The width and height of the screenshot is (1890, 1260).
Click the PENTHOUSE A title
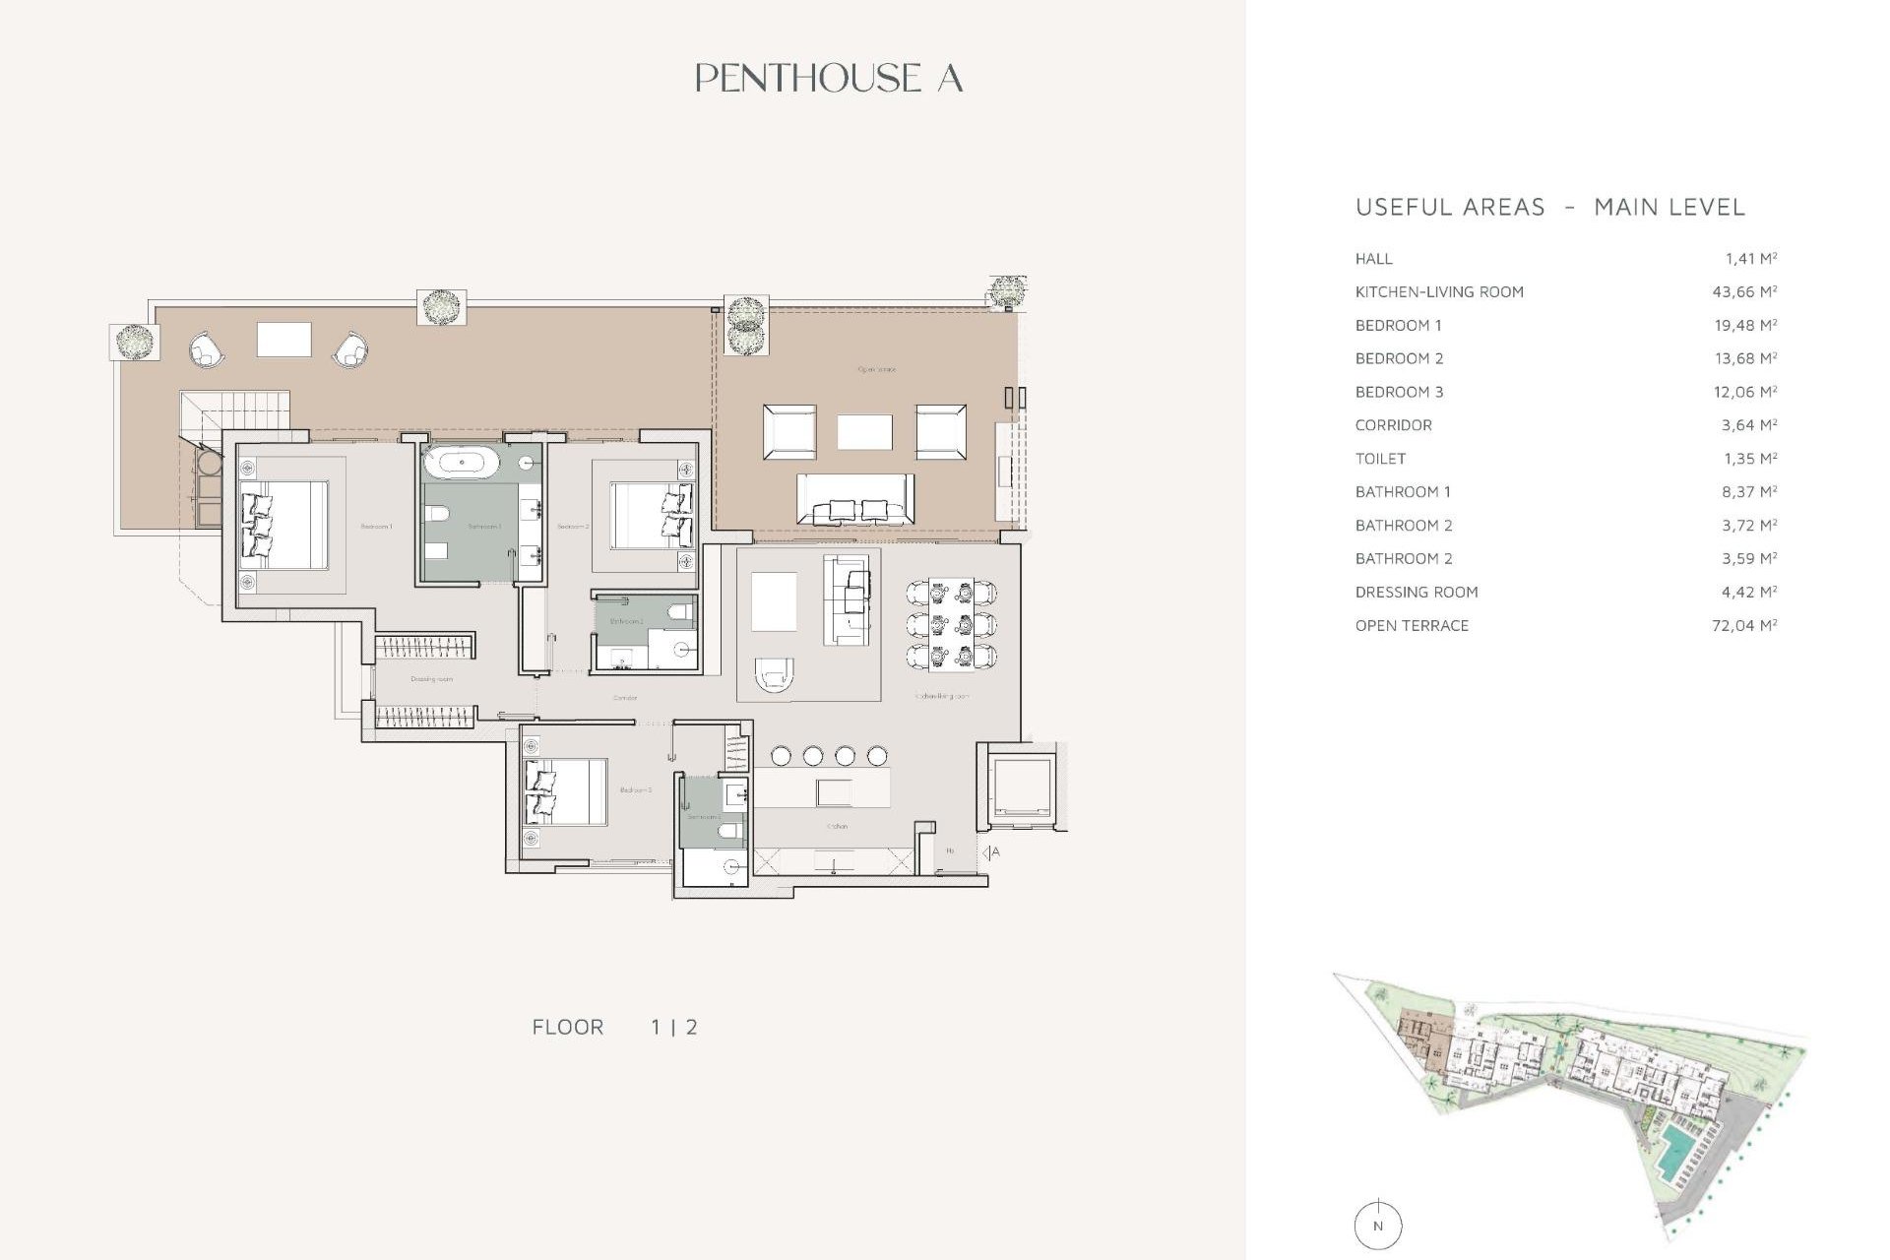[828, 79]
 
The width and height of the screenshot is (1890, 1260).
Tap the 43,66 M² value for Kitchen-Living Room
[1743, 292]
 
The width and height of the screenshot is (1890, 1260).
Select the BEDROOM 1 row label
[1398, 326]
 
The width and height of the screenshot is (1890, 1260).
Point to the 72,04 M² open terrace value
[1743, 626]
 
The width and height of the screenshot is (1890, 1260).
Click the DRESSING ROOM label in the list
[1416, 593]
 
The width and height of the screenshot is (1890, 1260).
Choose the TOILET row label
[1380, 459]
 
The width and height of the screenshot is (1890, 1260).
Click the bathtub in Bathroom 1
[462, 462]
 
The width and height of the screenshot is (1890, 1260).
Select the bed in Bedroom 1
[284, 525]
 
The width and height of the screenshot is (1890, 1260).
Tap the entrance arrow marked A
[989, 852]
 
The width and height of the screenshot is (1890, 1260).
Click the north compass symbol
[1377, 1226]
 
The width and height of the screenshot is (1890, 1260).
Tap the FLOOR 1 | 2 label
[614, 1028]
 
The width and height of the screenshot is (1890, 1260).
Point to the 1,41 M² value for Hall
[1749, 259]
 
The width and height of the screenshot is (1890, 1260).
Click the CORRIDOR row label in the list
[1393, 425]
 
